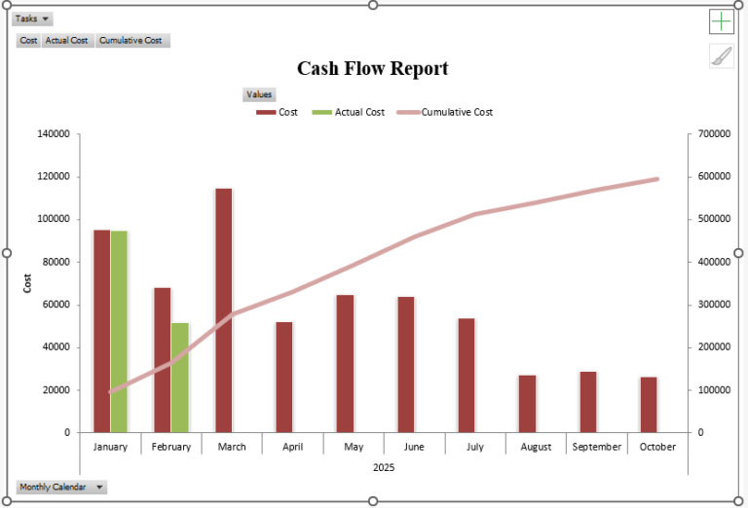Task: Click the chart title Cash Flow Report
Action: pyautogui.click(x=373, y=68)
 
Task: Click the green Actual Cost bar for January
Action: pyautogui.click(x=119, y=331)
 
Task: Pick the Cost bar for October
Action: pyautogui.click(x=649, y=404)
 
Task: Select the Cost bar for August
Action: pyautogui.click(x=527, y=403)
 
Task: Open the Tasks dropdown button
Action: pyautogui.click(x=33, y=18)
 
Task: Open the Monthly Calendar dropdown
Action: pyautogui.click(x=61, y=487)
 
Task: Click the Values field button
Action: pyautogui.click(x=259, y=94)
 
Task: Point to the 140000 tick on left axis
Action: pyautogui.click(x=53, y=134)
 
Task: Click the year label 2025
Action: pyautogui.click(x=384, y=467)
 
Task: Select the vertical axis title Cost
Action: pyautogui.click(x=27, y=283)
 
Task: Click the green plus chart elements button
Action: pyautogui.click(x=721, y=21)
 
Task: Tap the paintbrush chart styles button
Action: pyautogui.click(x=721, y=56)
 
